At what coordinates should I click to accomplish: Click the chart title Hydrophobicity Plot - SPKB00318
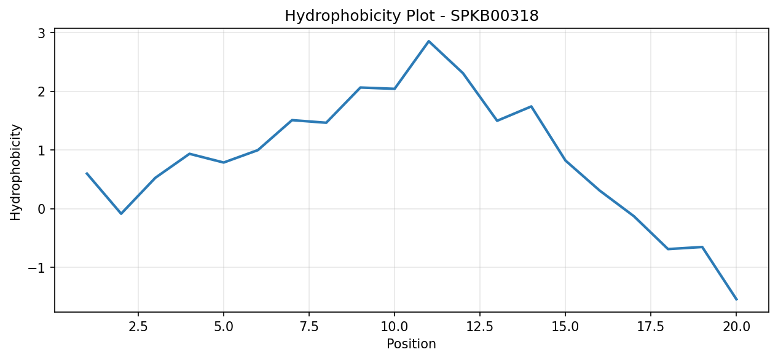click(412, 16)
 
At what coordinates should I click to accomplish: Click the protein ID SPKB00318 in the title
click(495, 16)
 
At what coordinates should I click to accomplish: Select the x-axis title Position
click(411, 344)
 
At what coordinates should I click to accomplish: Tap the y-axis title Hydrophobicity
click(15, 172)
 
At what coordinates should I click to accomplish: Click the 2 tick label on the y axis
click(42, 92)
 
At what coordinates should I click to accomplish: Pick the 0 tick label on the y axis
click(42, 209)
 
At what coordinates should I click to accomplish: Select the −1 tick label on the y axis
click(37, 268)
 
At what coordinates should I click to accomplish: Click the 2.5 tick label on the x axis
click(138, 327)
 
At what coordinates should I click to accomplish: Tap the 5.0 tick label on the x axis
click(224, 327)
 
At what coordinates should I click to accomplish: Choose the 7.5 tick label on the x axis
click(309, 327)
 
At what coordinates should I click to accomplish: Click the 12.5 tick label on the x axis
click(480, 327)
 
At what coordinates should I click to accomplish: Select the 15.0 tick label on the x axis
click(565, 327)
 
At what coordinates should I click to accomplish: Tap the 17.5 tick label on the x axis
click(651, 327)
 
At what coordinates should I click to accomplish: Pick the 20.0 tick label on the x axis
click(736, 327)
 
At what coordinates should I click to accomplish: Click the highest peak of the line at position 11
click(428, 41)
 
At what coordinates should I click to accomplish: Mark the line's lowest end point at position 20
click(736, 300)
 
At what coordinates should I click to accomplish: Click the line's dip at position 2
click(121, 214)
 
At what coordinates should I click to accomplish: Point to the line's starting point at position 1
click(87, 173)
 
